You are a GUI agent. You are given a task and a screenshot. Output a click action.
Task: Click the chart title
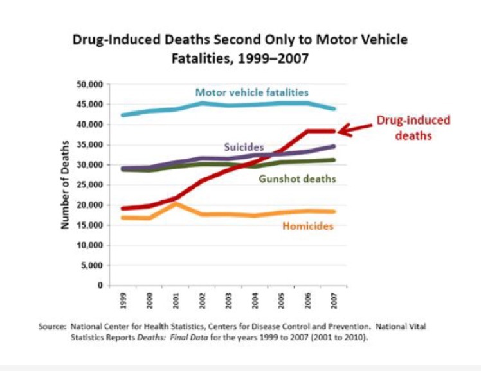click(240, 48)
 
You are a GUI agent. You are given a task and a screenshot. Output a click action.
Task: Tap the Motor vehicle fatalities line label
click(251, 92)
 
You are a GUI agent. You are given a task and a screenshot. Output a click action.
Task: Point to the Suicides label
click(244, 148)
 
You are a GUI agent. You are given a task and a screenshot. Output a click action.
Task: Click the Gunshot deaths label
click(297, 178)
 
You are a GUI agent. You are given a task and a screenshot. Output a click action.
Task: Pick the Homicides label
click(308, 226)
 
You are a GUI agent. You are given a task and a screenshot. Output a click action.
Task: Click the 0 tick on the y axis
click(101, 286)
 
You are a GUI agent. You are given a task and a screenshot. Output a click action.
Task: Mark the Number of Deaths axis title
click(65, 184)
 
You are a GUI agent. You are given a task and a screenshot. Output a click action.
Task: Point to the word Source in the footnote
click(52, 327)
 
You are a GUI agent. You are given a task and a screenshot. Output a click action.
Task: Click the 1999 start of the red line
click(122, 209)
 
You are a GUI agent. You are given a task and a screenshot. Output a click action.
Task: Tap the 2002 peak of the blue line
click(203, 103)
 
